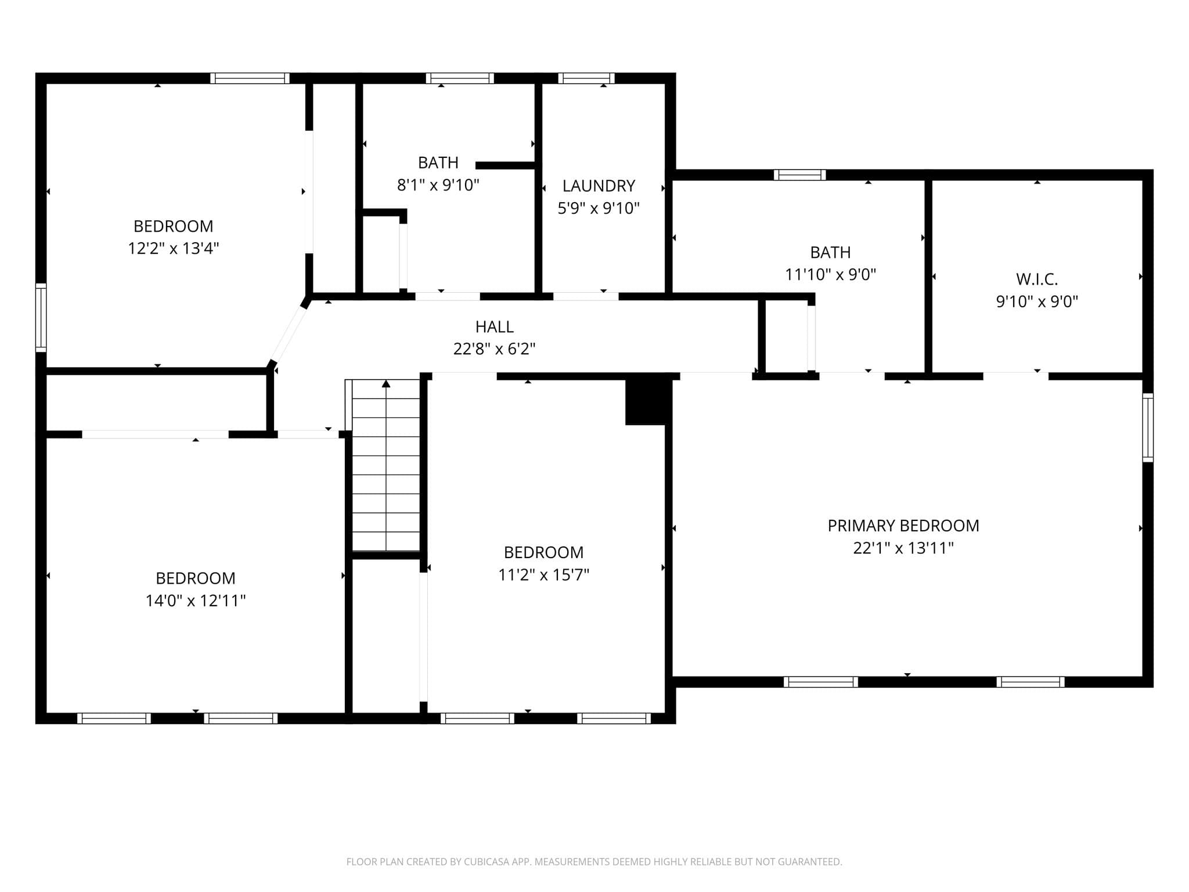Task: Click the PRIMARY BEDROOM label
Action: coord(903,526)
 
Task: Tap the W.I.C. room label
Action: coord(1037,279)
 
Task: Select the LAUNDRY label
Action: coord(599,186)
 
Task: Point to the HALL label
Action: coord(495,327)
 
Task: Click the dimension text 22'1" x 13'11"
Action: coord(903,548)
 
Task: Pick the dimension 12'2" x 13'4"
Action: coord(173,249)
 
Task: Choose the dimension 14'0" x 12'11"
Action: coord(196,600)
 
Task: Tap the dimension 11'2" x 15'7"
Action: coord(543,574)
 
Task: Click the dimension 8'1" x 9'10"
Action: coord(438,185)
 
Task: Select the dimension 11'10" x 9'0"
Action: coord(830,274)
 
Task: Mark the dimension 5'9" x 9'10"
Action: coord(599,208)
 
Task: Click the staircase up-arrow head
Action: coord(386,383)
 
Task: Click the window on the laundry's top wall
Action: coord(586,78)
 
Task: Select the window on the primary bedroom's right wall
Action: coord(1148,427)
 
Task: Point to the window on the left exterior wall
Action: coord(41,317)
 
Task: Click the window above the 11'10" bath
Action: coord(799,175)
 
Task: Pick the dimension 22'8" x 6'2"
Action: coord(495,349)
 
